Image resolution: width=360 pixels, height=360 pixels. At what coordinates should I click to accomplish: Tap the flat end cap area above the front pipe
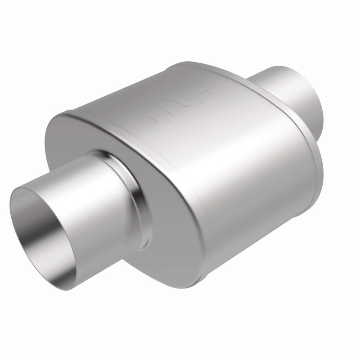85,130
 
